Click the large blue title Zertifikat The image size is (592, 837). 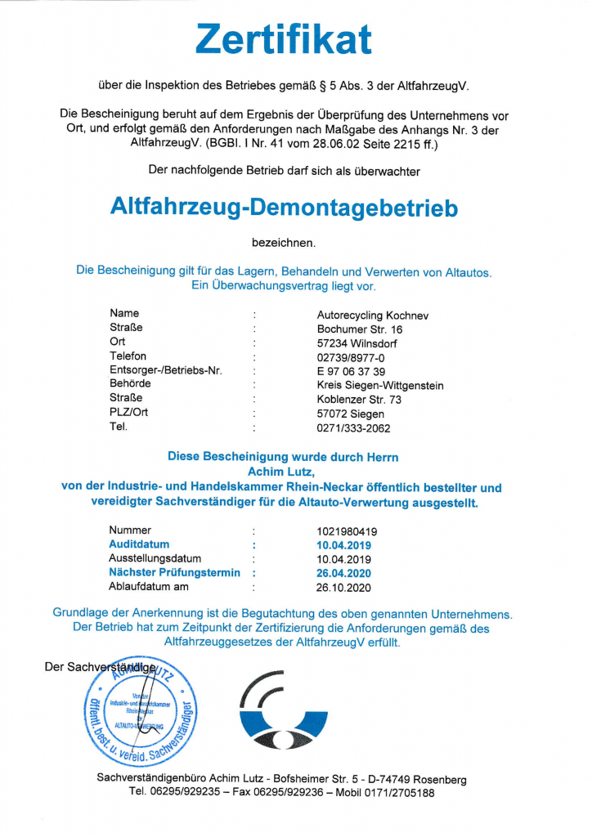coord(284,39)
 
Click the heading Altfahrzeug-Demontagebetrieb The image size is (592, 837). coord(284,208)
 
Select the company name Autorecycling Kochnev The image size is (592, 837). coord(372,315)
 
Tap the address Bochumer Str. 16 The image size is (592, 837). coord(360,329)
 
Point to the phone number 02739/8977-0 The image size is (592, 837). coord(351,357)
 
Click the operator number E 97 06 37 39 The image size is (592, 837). coord(351,371)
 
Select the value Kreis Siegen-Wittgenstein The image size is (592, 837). coord(380,386)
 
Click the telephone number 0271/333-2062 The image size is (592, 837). coord(354,427)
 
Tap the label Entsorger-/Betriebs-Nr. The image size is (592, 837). coord(166,371)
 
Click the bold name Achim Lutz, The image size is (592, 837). coord(283,470)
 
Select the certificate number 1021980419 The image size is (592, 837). coord(347,531)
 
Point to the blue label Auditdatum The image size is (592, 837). coord(139,544)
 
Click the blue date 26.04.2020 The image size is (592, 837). coord(343,573)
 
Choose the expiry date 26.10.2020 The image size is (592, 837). coord(343,587)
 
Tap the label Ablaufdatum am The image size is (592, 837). coord(149,587)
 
